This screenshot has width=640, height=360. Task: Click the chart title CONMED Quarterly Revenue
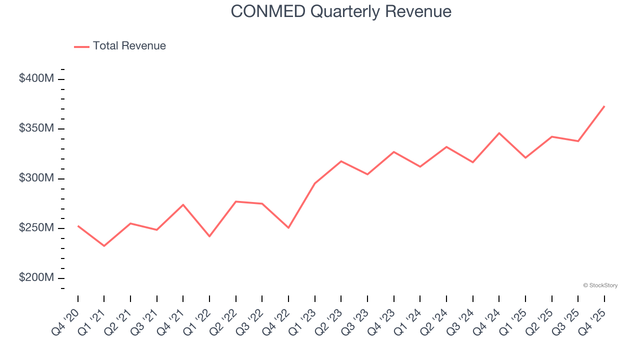tap(341, 11)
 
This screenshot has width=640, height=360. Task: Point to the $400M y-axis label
tap(36, 78)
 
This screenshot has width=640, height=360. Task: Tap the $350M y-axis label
tap(36, 128)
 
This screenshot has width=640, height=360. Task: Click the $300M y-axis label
tap(36, 178)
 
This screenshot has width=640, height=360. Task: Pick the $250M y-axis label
tap(36, 228)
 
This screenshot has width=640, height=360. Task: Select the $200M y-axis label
tap(36, 278)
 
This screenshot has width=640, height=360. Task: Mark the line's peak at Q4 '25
tap(604, 106)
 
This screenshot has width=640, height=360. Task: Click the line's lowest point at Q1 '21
tap(104, 246)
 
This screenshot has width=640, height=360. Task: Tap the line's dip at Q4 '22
tap(288, 228)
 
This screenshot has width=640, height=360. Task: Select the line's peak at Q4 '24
tap(499, 133)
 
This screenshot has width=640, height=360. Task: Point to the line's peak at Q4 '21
tap(183, 204)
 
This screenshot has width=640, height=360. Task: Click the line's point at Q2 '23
tap(341, 161)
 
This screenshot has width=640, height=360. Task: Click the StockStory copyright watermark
tap(600, 285)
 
